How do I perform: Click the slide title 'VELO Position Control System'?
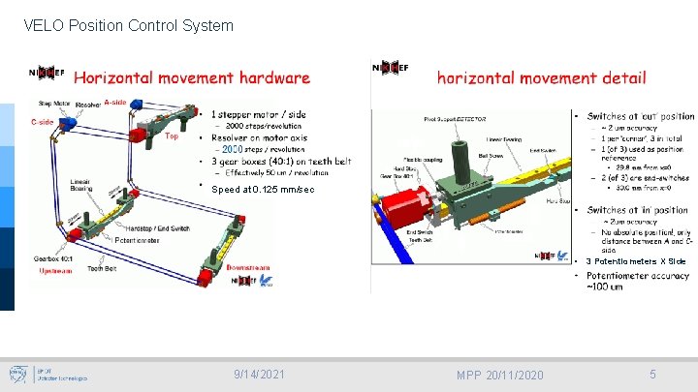point(128,25)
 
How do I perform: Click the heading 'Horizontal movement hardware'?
point(192,77)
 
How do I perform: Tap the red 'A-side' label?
point(115,103)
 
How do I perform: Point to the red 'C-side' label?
point(42,122)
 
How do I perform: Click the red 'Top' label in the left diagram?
point(172,136)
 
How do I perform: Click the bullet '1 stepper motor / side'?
point(258,114)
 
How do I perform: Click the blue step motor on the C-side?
point(71,126)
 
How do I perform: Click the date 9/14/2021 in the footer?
point(259,375)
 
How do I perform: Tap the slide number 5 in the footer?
point(653,375)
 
